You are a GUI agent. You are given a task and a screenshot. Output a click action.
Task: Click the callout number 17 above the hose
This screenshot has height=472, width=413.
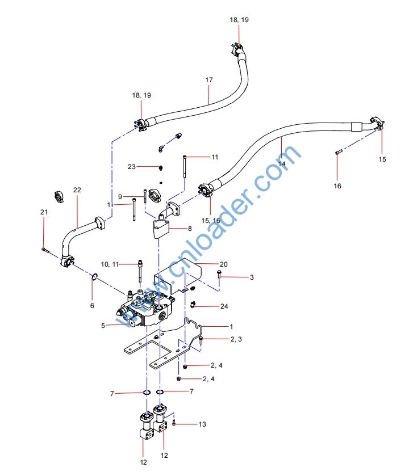pos(209,80)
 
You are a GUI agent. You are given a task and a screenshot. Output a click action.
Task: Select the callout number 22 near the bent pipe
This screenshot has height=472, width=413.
pos(77,189)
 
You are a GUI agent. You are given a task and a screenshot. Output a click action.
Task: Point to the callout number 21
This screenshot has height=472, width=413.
pos(44,212)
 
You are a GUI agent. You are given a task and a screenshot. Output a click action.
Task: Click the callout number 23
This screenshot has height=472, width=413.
pos(132,166)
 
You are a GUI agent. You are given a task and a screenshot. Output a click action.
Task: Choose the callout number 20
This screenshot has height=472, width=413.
pos(223,264)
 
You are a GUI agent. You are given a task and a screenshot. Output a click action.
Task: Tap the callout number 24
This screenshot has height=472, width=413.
pos(224,306)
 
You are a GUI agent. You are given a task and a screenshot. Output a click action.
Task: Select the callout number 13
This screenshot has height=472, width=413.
pos(202,424)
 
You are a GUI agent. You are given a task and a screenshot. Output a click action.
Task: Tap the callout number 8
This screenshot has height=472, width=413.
pos(190,228)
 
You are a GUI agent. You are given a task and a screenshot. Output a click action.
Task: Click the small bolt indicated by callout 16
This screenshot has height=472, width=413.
pos(338,151)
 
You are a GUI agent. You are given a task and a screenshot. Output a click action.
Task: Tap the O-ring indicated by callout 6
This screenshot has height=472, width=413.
pos(95,277)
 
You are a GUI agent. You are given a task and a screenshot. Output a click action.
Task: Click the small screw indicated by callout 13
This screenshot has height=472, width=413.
pos(174,424)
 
